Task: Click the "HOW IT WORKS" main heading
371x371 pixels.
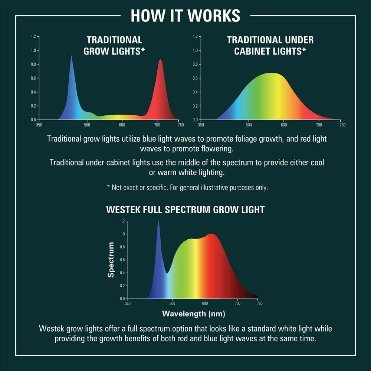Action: pyautogui.click(x=185, y=16)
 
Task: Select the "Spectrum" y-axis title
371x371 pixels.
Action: pyautogui.click(x=111, y=260)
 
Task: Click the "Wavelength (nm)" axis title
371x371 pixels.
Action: pyautogui.click(x=193, y=313)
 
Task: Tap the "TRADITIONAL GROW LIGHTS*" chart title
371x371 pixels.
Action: pyautogui.click(x=114, y=45)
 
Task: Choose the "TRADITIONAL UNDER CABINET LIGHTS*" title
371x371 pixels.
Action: pyautogui.click(x=270, y=45)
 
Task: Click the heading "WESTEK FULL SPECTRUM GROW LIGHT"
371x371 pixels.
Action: pyautogui.click(x=185, y=209)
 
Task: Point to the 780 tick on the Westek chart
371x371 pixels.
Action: pyautogui.click(x=260, y=303)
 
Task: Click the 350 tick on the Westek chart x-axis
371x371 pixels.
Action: pyautogui.click(x=127, y=303)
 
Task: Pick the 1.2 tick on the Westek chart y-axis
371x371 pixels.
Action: pyautogui.click(x=122, y=221)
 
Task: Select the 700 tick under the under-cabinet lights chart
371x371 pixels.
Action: pyautogui.click(x=318, y=125)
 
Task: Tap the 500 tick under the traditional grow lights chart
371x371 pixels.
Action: pyautogui.click(x=87, y=125)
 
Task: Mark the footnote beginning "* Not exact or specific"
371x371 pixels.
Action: pyautogui.click(x=190, y=187)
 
